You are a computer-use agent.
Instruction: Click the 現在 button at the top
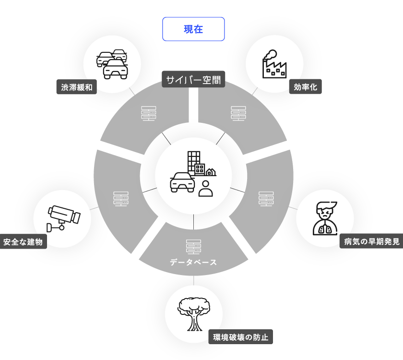(193, 29)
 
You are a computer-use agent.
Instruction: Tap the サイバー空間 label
(193, 79)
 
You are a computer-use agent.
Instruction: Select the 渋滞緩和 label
(77, 87)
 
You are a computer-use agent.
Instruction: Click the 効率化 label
(305, 87)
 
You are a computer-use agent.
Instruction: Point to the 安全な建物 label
(23, 242)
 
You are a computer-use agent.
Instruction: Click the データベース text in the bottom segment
(193, 263)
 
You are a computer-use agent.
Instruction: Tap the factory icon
(274, 64)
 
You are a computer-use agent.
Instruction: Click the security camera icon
(62, 217)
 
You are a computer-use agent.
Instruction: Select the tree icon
(193, 314)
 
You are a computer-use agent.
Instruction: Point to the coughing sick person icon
(325, 218)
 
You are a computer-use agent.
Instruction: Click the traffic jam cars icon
(113, 63)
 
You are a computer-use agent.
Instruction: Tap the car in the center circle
(182, 182)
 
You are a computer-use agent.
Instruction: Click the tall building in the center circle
(193, 161)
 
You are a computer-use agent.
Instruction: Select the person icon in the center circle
(206, 188)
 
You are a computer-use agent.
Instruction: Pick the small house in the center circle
(211, 172)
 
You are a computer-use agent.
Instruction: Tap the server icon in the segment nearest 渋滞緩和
(149, 113)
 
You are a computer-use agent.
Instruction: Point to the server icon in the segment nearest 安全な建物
(121, 199)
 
